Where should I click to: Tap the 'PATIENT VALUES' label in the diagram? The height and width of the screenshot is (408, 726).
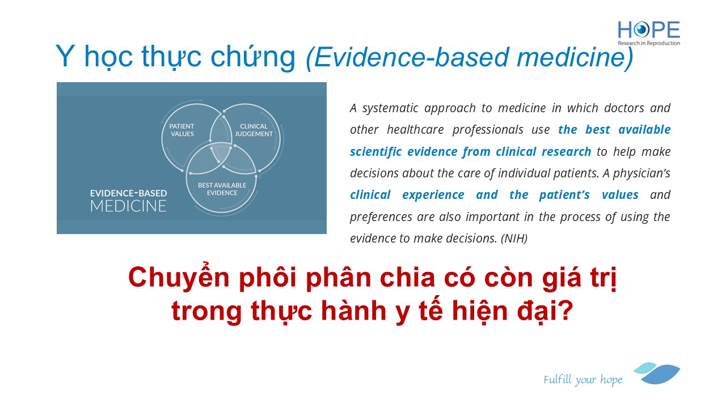181,130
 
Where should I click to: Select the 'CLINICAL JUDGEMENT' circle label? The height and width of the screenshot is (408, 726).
254,130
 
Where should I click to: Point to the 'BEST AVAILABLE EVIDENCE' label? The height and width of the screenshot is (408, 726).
222,189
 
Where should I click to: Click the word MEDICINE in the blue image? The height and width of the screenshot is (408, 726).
128,206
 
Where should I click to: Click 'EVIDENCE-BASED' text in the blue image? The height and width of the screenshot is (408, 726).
128,193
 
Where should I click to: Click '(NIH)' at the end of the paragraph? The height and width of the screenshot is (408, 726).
514,239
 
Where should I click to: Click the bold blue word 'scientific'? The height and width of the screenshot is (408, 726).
375,151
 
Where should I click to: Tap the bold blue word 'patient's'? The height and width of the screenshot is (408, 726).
564,195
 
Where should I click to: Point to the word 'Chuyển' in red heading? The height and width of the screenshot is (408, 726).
179,278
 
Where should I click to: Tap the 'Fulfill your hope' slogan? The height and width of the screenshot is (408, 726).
583,380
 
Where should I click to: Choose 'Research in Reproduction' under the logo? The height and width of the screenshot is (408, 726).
648,43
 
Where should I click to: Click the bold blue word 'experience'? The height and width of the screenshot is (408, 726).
433,195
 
